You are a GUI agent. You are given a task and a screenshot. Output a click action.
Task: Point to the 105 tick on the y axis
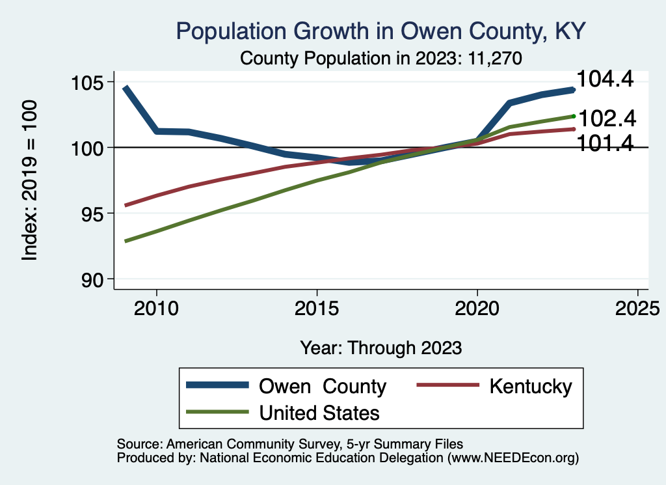pos(92,83)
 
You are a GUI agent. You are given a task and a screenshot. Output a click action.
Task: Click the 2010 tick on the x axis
pos(156,307)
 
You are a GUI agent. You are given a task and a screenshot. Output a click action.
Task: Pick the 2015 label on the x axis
pos(317,307)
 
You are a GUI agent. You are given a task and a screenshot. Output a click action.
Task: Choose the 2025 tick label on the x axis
pos(637,307)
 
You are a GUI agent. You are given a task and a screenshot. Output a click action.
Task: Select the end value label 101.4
pos(606,144)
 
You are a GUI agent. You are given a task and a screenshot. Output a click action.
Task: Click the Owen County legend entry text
pos(323,387)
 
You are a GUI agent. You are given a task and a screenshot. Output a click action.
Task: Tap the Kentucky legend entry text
pos(531,387)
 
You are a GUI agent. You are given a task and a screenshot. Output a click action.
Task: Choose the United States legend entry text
pos(319,412)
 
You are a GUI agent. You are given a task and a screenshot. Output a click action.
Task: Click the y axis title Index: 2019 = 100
pos(30,181)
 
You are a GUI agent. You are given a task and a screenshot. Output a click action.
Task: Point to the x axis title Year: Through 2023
pos(381,348)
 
